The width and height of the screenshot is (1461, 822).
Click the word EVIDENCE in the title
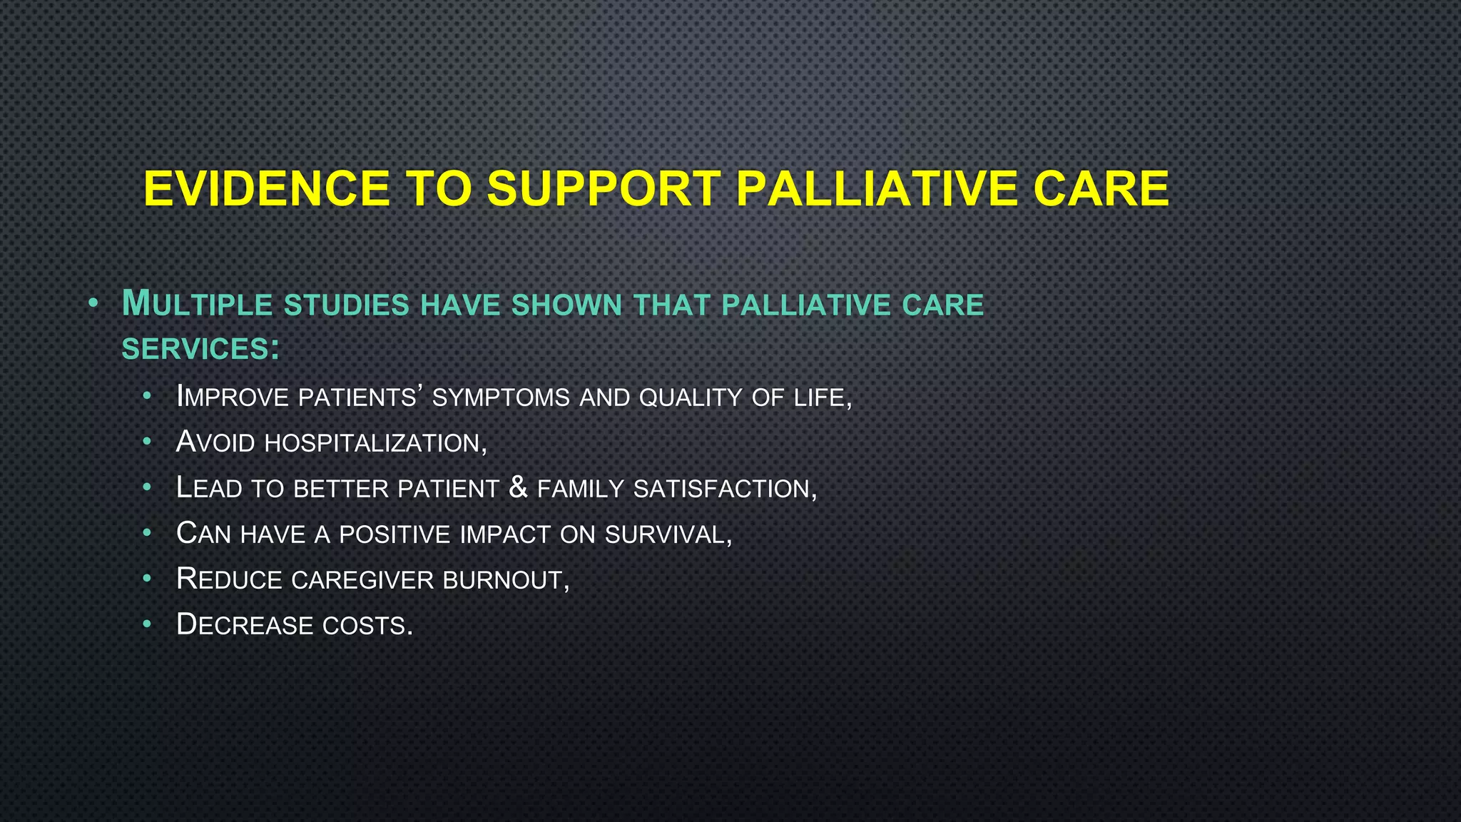[x=267, y=189]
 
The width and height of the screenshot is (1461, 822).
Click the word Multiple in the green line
[x=198, y=305]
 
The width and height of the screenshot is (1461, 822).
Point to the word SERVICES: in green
[x=200, y=350]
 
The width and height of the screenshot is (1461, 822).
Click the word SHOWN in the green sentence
[x=567, y=305]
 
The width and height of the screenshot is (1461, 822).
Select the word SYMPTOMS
[x=501, y=397]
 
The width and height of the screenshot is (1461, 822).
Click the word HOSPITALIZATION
[x=375, y=443]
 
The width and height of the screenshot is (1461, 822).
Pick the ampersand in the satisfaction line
[x=519, y=487]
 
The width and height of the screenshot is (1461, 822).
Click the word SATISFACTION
[x=725, y=489]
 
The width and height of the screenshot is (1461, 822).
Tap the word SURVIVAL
[x=668, y=534]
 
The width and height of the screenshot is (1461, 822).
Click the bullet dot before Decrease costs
[x=147, y=624]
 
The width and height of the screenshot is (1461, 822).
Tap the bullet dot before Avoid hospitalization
[x=147, y=442]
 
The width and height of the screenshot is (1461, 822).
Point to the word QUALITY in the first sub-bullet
[x=691, y=397]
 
